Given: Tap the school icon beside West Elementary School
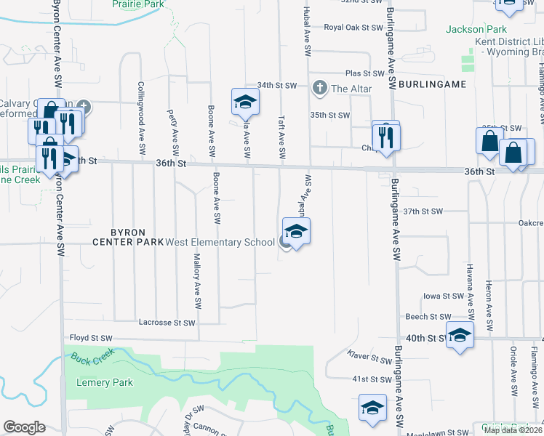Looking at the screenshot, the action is (x=296, y=233).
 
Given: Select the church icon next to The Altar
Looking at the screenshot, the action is (x=319, y=89).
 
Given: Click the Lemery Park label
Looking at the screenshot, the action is (x=105, y=382).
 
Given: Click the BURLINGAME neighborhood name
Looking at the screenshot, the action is (x=432, y=85).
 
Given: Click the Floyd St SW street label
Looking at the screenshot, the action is (x=91, y=338).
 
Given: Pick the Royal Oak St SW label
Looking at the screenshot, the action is (x=353, y=28).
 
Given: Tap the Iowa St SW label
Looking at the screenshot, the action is (x=444, y=296).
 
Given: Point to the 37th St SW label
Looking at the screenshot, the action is (x=423, y=211).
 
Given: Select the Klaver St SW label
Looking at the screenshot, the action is (x=369, y=359).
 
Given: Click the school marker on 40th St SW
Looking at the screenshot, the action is (x=460, y=335).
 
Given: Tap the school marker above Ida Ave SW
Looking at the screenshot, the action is (x=245, y=102).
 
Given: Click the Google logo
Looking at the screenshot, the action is (x=24, y=427).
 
